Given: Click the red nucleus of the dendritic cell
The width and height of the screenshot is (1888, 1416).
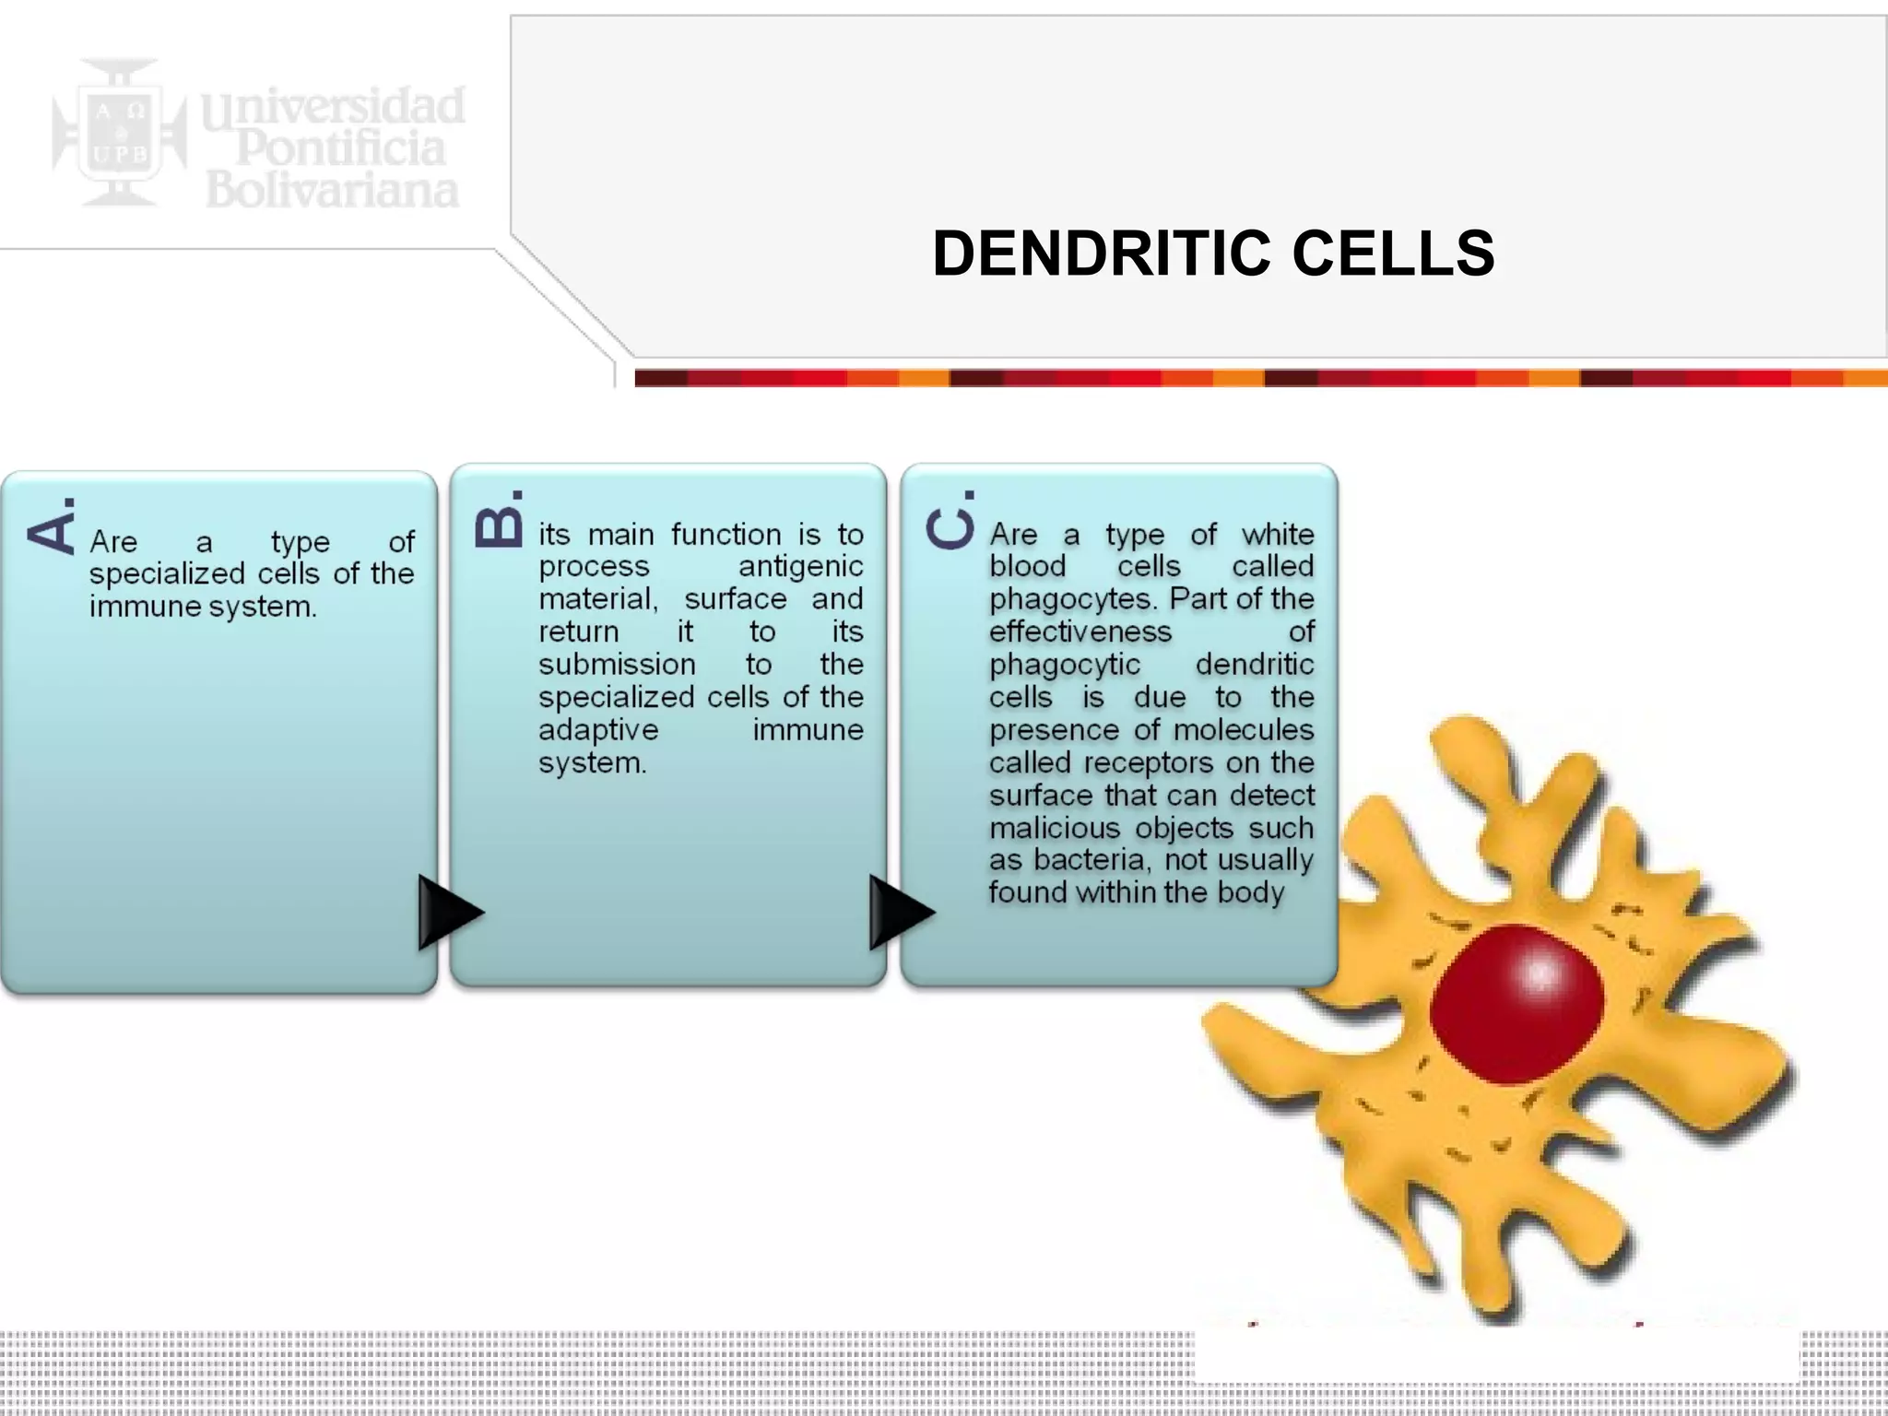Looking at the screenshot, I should click(x=1517, y=1005).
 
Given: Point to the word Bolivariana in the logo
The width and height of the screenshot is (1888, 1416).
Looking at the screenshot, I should click(x=332, y=191).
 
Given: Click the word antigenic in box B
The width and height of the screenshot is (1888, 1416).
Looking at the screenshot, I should click(x=800, y=566).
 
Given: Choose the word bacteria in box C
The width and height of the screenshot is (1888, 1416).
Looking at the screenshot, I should click(x=1093, y=860).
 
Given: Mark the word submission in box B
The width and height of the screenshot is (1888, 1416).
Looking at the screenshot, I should click(x=617, y=664).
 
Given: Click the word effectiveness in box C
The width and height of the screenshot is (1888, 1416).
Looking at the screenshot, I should click(x=1080, y=631).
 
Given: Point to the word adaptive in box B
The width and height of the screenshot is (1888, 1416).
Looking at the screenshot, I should click(x=598, y=729).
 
